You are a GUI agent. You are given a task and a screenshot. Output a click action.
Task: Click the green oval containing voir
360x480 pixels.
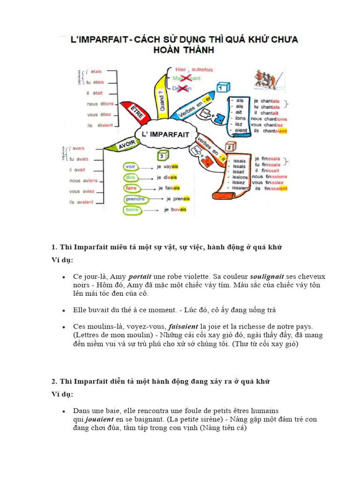click(130, 167)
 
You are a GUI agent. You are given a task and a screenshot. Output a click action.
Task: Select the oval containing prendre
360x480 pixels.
click(135, 199)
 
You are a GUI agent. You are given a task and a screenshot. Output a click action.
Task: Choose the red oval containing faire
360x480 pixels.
click(131, 188)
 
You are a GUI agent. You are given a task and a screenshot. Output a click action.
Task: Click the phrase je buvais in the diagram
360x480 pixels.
click(175, 210)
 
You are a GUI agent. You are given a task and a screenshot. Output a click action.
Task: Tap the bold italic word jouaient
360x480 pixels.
click(99, 419)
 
